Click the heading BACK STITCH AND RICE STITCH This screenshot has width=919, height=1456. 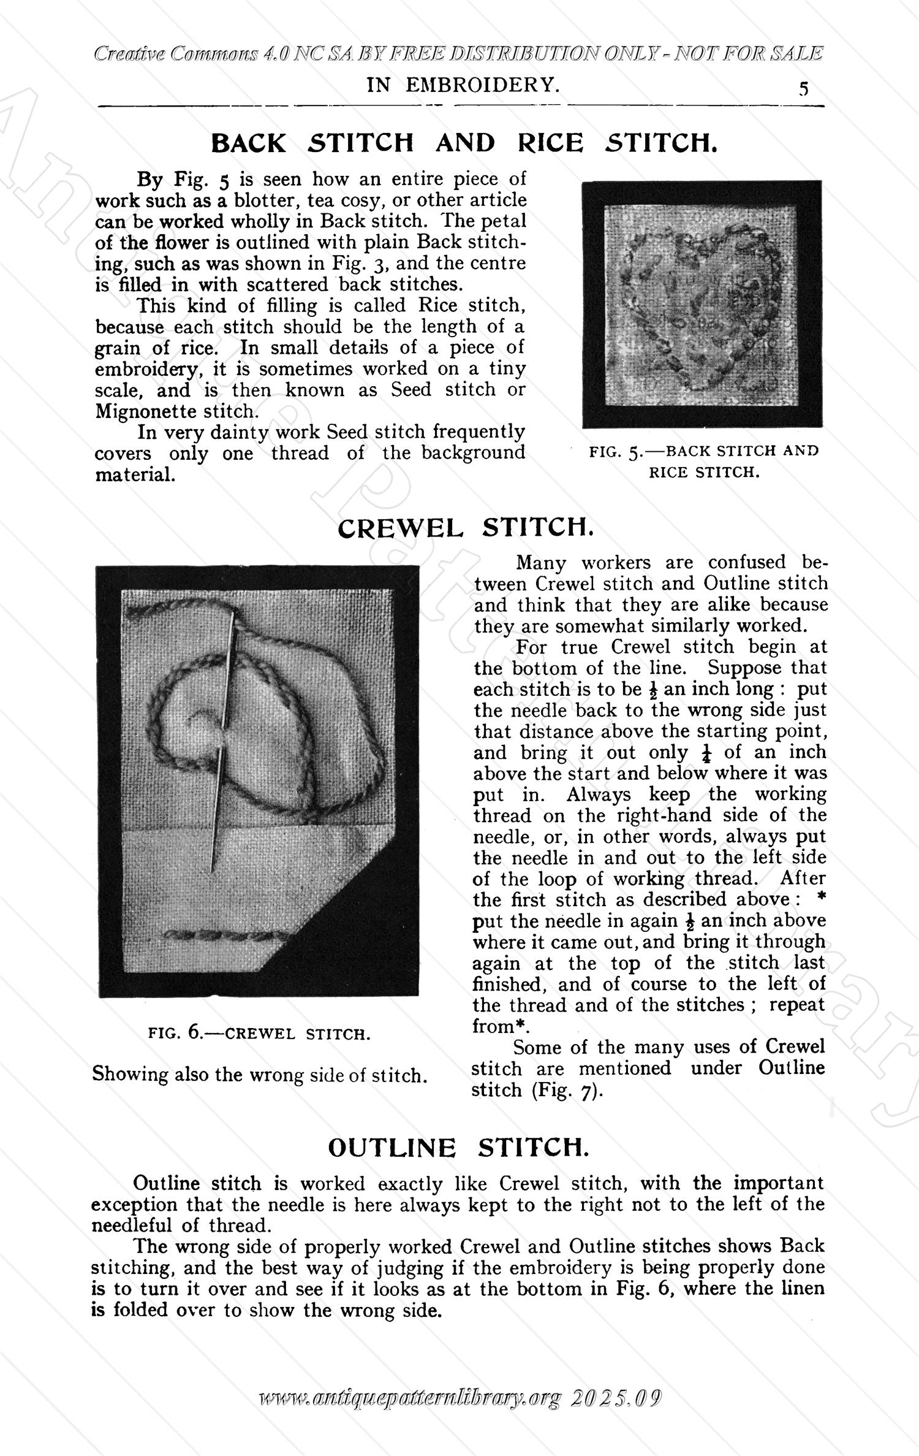tap(463, 143)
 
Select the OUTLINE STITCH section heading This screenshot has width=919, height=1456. tap(458, 1148)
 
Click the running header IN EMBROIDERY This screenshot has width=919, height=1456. tap(463, 85)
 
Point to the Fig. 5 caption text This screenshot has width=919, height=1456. tap(703, 461)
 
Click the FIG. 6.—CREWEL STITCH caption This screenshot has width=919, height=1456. tap(259, 1034)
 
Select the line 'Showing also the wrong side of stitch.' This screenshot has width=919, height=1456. tap(259, 1075)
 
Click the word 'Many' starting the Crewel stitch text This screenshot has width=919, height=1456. tap(542, 562)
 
